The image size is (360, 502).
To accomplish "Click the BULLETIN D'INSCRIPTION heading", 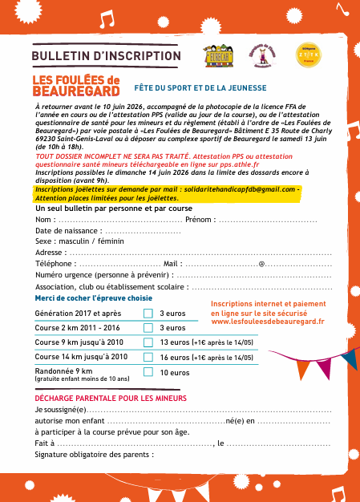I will click(106, 55).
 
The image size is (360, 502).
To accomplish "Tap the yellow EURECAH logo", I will click(217, 55).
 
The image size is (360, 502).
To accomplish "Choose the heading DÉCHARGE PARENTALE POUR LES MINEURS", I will click(111, 398).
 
